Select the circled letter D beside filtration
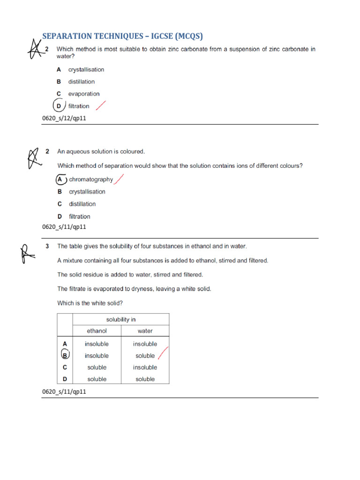pos(59,106)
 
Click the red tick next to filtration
pos(100,105)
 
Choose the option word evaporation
pos(84,94)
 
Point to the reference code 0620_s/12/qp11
pos(64,119)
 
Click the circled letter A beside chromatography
pos(60,179)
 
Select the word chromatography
pos(91,179)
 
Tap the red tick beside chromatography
pos(120,179)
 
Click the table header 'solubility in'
pos(120,319)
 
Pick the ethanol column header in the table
pos(97,331)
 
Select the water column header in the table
pos(145,331)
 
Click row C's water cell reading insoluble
pos(145,367)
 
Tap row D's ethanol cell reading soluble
pos(97,379)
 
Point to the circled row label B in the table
pos(65,356)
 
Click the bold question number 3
pos(47,246)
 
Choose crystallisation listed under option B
pos(87,192)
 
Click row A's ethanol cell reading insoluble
pos(97,344)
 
